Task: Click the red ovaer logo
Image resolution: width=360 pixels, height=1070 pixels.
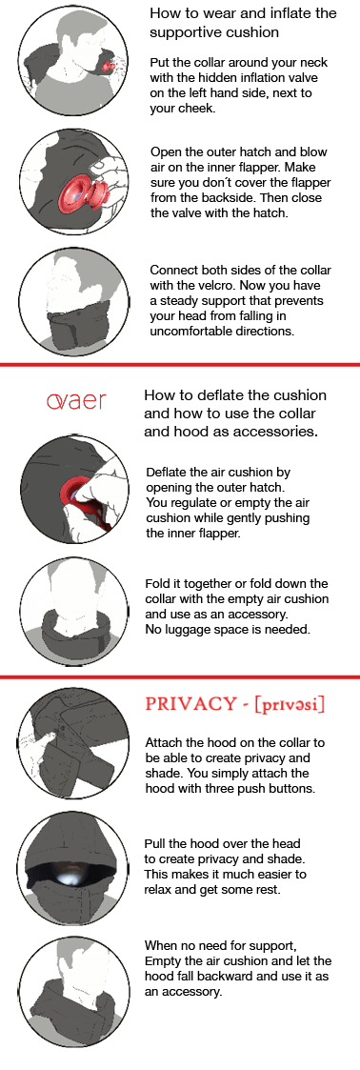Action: pyautogui.click(x=76, y=401)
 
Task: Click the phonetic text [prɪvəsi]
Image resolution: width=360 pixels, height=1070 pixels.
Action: pyautogui.click(x=290, y=704)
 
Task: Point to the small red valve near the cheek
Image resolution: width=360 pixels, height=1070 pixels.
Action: pyautogui.click(x=107, y=66)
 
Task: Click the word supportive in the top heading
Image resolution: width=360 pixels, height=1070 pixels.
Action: pyautogui.click(x=183, y=32)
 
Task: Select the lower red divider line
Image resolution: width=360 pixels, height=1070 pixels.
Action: pyautogui.click(x=180, y=677)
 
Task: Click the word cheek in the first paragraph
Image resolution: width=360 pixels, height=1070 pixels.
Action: pyautogui.click(x=198, y=110)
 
